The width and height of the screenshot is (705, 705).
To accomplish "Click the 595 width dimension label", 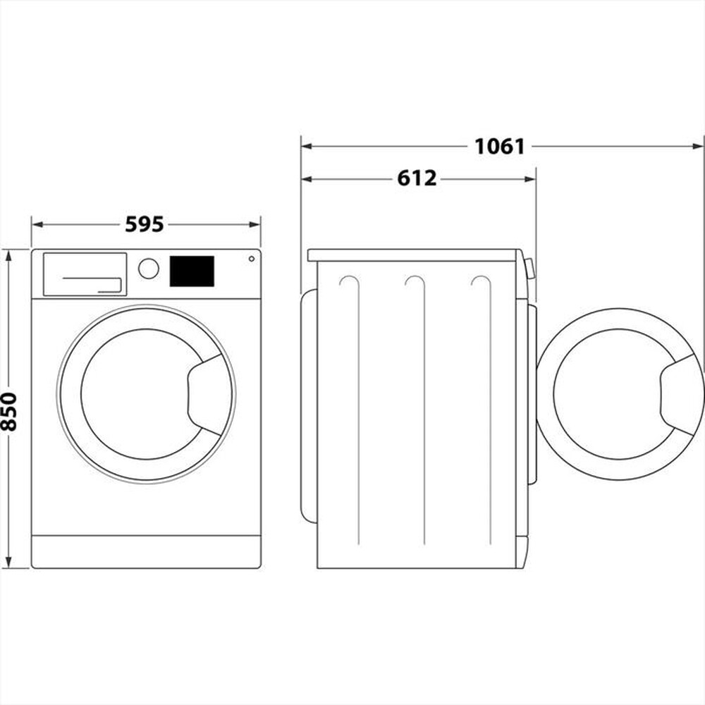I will point(145,224).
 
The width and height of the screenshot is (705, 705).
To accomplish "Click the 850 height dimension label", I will point(9,411).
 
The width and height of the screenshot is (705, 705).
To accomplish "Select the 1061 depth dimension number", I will point(499,147).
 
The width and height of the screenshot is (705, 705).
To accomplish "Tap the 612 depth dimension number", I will point(417,179).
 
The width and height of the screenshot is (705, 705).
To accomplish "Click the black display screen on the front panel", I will point(192,271).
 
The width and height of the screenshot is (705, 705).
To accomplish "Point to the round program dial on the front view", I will point(149,269).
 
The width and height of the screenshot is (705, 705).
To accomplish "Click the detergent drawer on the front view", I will point(85,274).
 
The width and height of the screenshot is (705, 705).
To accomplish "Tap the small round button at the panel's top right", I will point(251,259).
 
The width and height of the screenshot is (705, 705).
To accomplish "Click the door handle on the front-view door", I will point(207,394).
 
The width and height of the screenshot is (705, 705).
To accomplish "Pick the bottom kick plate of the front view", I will point(146,551).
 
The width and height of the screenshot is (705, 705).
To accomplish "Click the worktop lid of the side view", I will point(415,255).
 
